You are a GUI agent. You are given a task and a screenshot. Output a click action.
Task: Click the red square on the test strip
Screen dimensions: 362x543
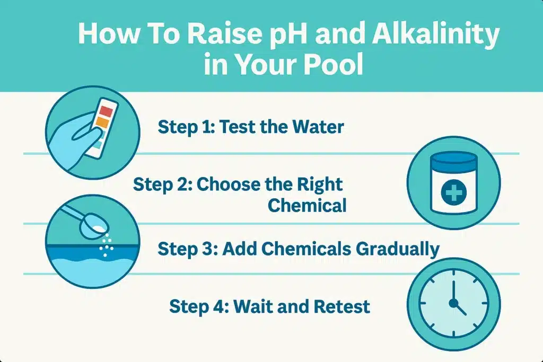(x=106, y=112)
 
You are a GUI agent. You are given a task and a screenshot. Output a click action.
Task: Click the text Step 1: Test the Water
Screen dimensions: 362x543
(x=251, y=127)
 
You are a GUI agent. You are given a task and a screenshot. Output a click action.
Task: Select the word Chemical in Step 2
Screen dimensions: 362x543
(x=307, y=205)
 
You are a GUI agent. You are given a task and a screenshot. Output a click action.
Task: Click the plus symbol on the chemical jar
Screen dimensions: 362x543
(x=453, y=193)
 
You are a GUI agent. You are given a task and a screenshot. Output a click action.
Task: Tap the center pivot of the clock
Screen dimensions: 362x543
(x=453, y=303)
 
